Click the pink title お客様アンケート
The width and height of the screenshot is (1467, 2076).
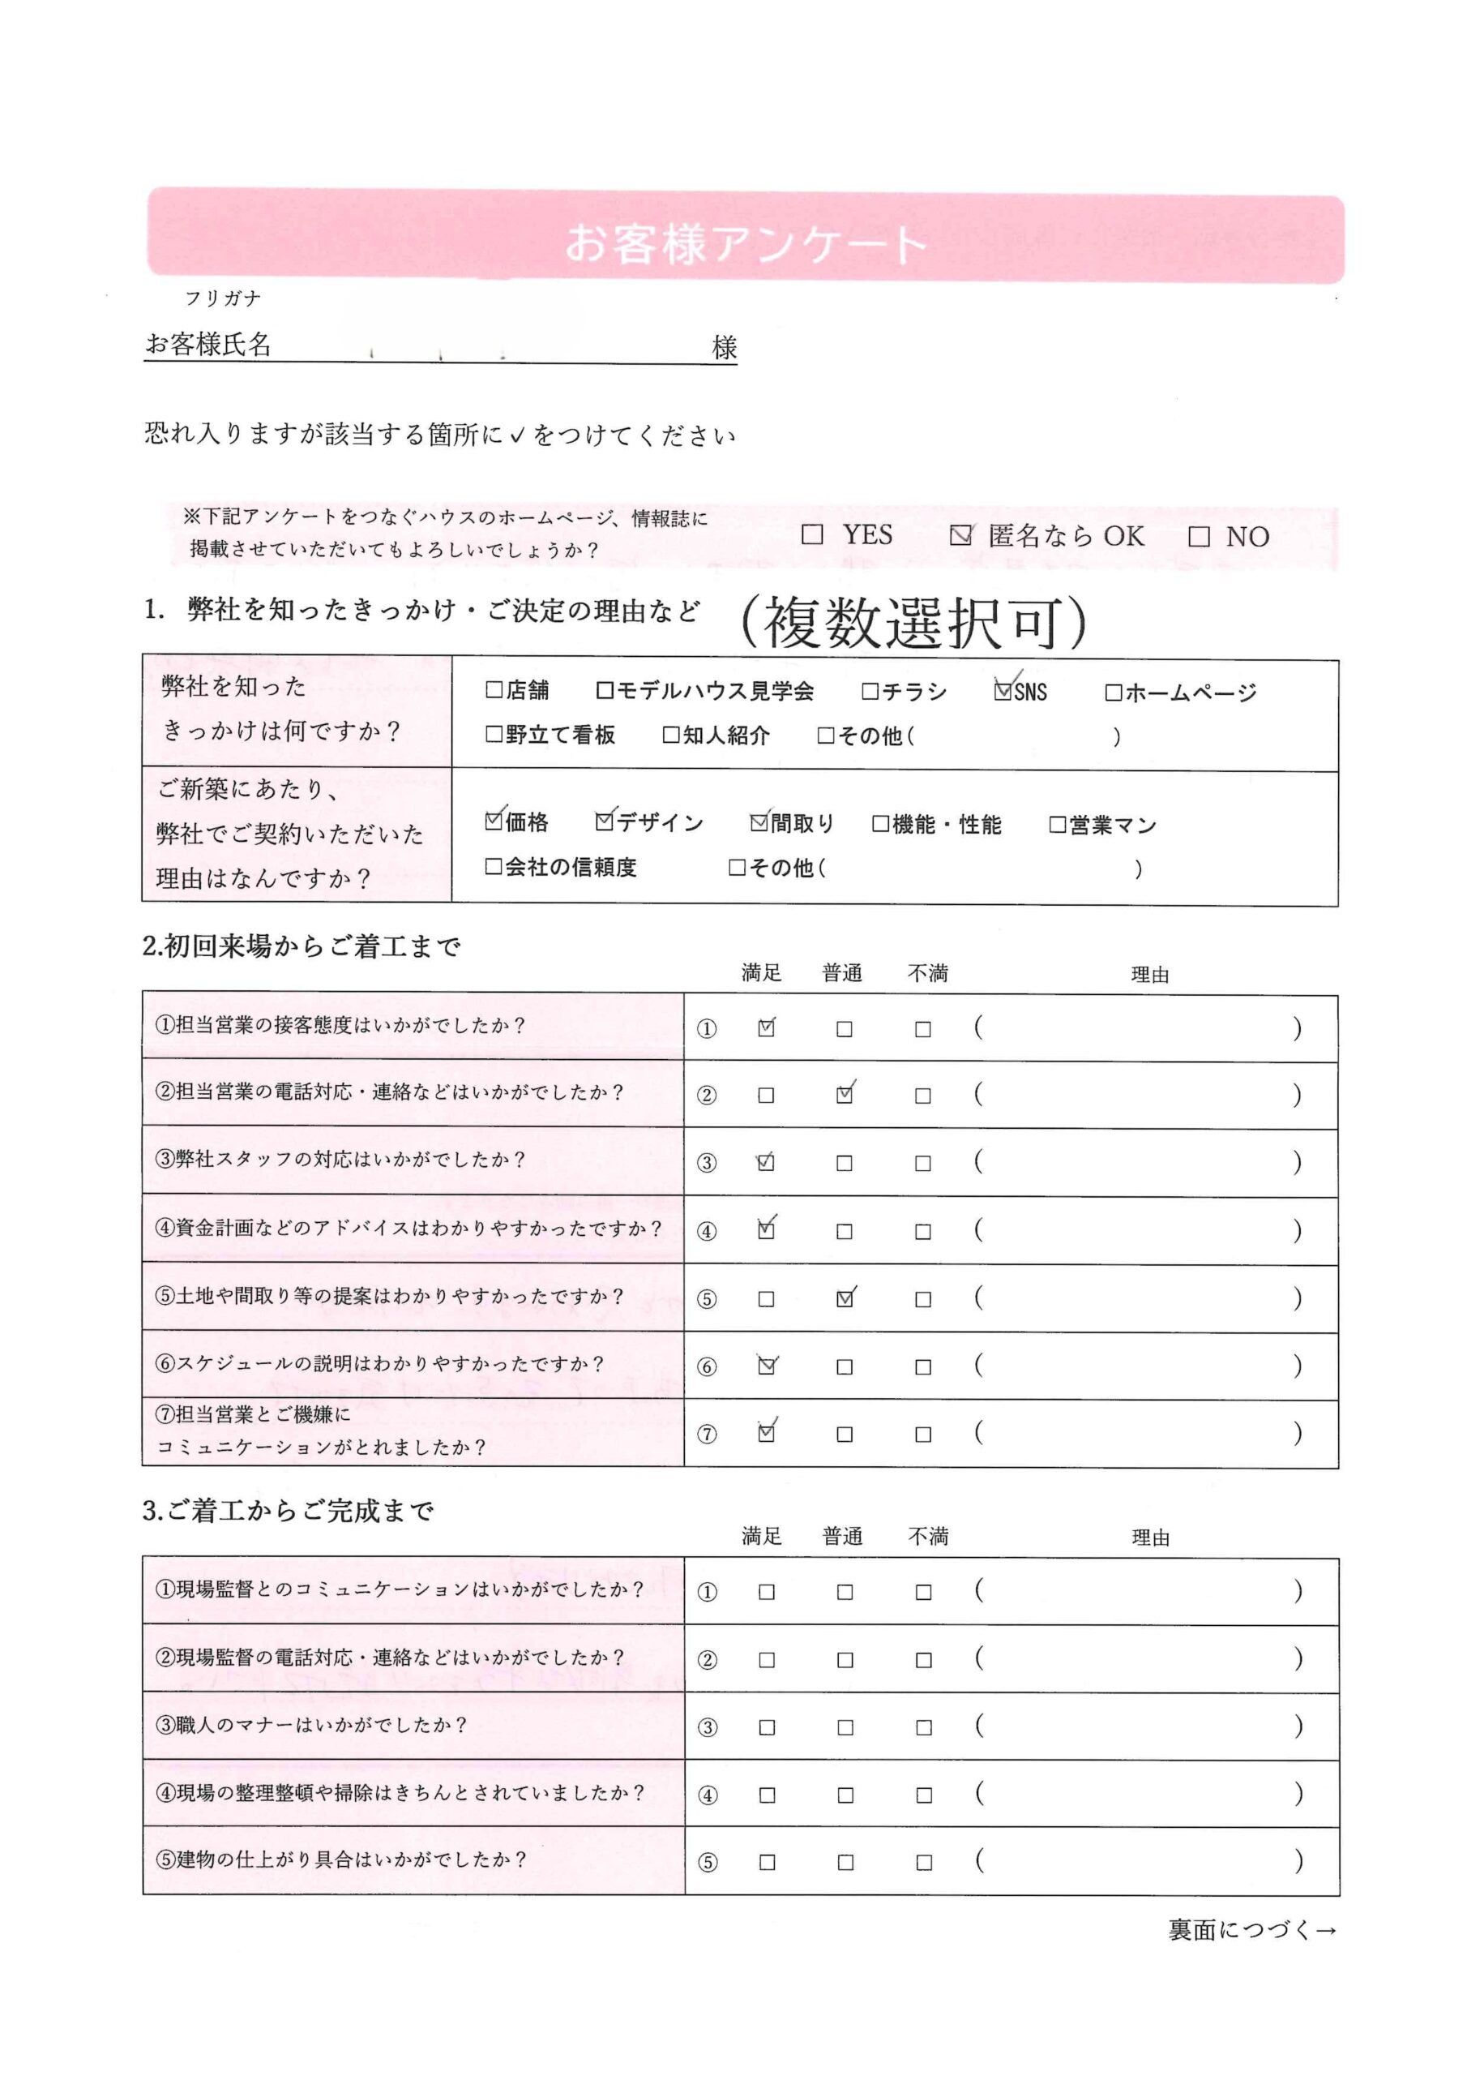(x=746, y=243)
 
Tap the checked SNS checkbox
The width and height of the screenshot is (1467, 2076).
(x=1003, y=692)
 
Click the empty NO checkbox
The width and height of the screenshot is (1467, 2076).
(x=1199, y=537)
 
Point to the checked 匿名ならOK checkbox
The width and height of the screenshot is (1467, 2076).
(x=960, y=535)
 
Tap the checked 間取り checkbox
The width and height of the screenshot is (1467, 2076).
(x=759, y=822)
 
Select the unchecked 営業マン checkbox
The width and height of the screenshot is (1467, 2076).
(x=1058, y=825)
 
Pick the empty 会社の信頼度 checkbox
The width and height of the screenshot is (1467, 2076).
(x=494, y=866)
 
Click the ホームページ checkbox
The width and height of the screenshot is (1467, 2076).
(x=1114, y=693)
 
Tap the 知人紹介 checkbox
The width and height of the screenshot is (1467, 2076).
(x=670, y=734)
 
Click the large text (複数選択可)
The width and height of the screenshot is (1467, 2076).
(x=913, y=623)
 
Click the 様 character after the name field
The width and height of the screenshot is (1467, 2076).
(x=724, y=347)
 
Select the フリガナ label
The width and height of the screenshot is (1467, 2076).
(x=222, y=298)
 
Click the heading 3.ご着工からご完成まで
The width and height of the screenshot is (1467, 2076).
(x=289, y=1510)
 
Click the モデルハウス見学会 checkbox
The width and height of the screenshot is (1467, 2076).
(x=605, y=692)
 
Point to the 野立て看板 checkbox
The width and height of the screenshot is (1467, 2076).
(x=494, y=734)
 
